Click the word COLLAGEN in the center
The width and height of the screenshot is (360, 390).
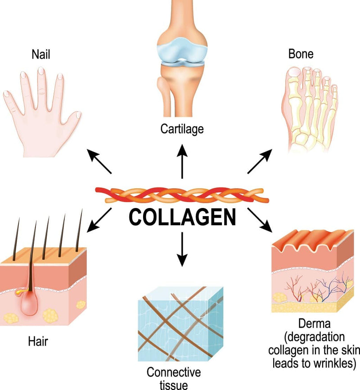click(x=182, y=217)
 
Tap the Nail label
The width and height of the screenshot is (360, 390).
click(x=41, y=54)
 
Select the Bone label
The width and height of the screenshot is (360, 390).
click(x=301, y=54)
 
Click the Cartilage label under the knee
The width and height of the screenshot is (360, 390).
click(x=182, y=129)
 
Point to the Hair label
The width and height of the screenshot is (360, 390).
click(x=38, y=341)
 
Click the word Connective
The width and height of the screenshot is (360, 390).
click(x=174, y=372)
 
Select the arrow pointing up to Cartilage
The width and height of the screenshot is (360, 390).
click(x=182, y=161)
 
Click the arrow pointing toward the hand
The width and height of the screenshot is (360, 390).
click(x=99, y=161)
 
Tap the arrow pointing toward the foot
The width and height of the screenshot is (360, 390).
click(x=260, y=161)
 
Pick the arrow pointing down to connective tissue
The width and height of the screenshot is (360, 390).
click(x=182, y=249)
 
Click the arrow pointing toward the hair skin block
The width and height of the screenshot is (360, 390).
click(x=99, y=220)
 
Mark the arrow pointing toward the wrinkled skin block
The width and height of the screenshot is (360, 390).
click(x=260, y=220)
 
